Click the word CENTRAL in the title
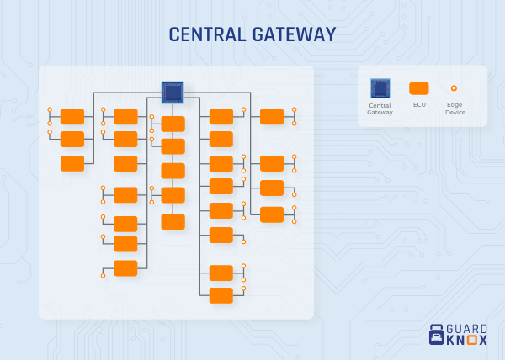pos(206,34)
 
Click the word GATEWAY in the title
pos(290,34)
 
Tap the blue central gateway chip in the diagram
pos(173,92)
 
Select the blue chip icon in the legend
pos(380,87)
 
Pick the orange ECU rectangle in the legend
pos(418,87)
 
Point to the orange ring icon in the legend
pos(454,87)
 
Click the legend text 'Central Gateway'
pos(380,109)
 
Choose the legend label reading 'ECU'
pos(418,105)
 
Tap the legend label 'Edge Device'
pos(455,109)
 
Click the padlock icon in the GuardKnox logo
pos(436,335)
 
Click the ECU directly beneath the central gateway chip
pos(173,124)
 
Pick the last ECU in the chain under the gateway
pos(173,221)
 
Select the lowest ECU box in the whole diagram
pos(221,295)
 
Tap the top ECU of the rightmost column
pos(272,116)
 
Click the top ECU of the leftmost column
pos(72,116)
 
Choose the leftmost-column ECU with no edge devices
pos(72,163)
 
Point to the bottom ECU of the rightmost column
pos(272,214)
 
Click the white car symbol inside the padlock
pos(436,338)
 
